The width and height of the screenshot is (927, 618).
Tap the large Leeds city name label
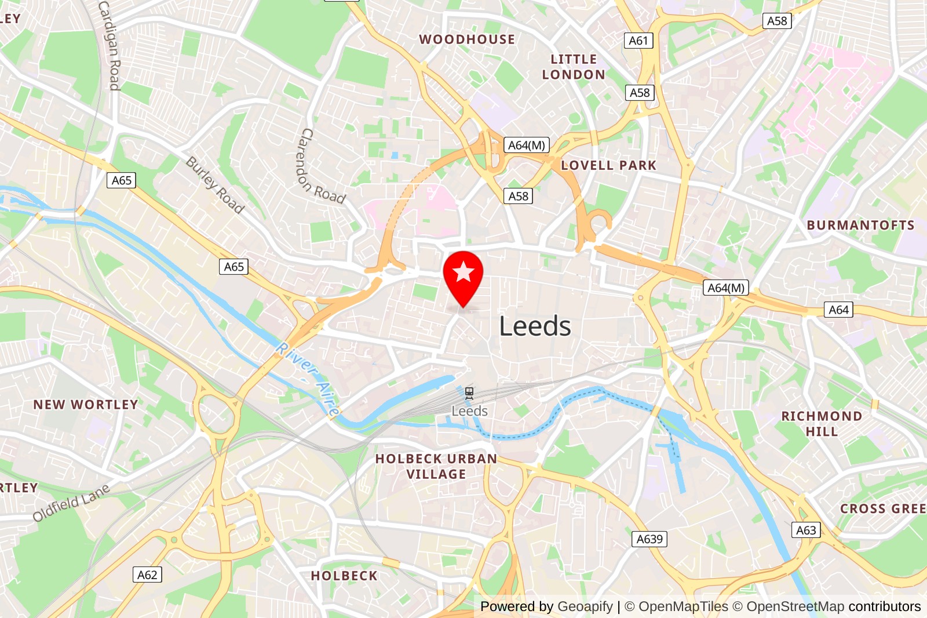(535, 326)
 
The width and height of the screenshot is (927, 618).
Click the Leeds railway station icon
(469, 394)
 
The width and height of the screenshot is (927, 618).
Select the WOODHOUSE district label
(467, 39)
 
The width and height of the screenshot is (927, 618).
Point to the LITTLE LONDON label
(574, 67)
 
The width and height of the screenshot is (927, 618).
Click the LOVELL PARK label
(608, 165)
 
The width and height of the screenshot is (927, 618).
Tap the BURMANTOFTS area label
(860, 225)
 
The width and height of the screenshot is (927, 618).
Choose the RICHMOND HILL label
(822, 424)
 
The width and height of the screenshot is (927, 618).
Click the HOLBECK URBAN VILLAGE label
(436, 466)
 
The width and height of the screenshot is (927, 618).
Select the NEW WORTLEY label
(86, 405)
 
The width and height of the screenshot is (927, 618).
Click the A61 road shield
(638, 41)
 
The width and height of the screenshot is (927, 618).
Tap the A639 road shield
(649, 539)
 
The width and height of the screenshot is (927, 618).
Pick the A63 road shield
(806, 530)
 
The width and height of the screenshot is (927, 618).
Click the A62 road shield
(147, 575)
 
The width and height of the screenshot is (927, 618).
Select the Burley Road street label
(215, 185)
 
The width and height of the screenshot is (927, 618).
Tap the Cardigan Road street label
(110, 45)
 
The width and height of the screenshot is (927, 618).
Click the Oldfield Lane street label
(71, 503)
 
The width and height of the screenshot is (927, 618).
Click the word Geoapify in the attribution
(585, 606)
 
